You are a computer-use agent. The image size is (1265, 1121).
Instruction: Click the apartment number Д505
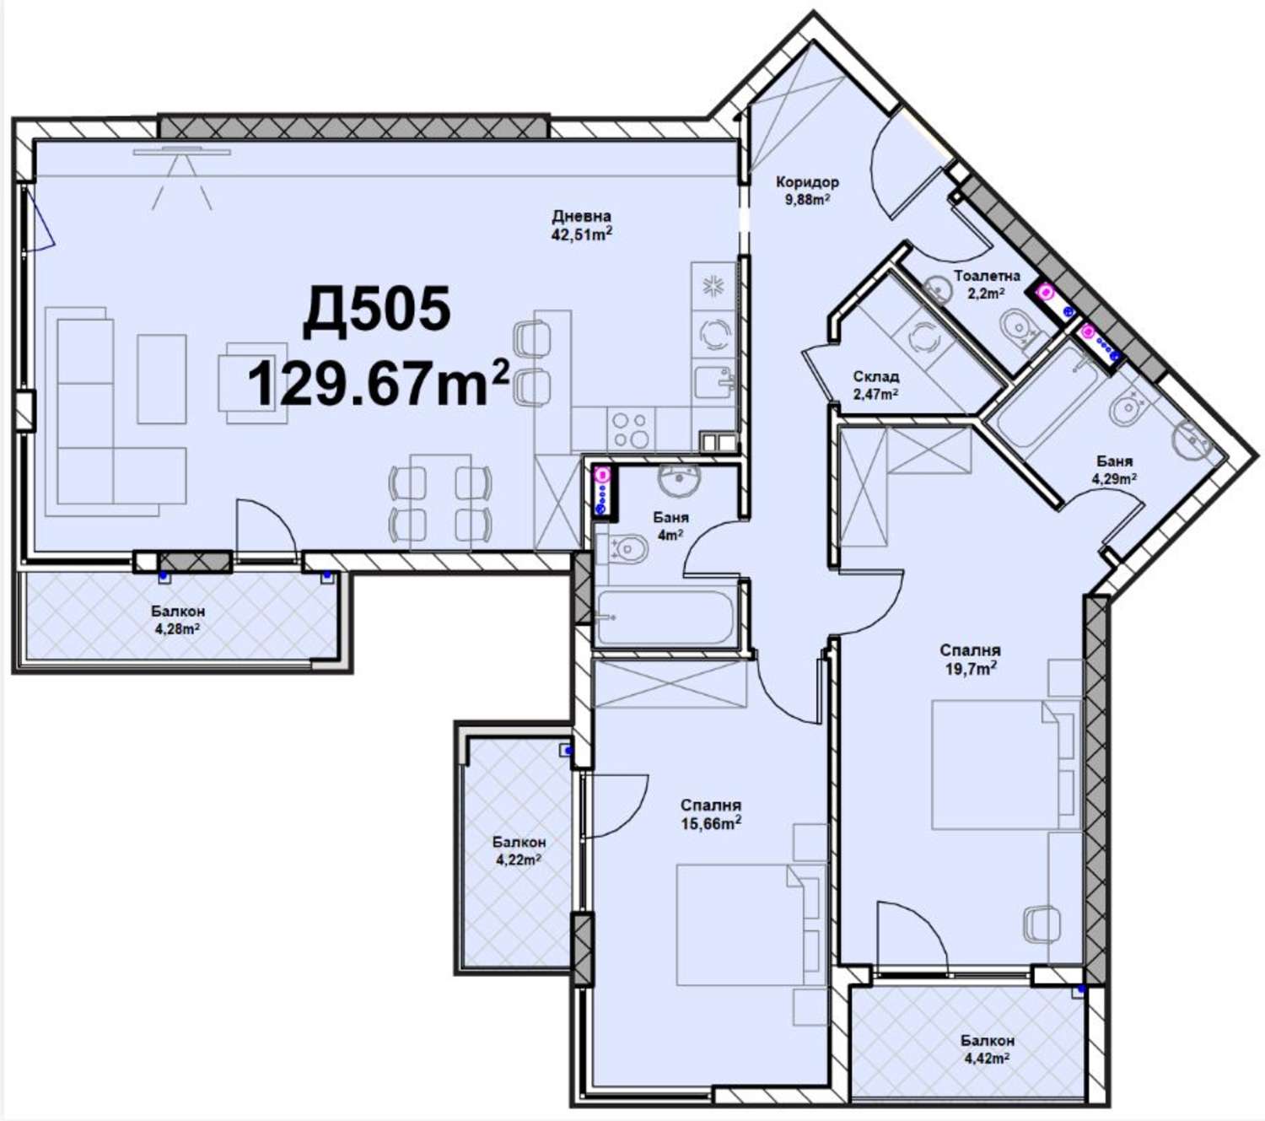(x=376, y=311)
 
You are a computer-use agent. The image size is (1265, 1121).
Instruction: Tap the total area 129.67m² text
(x=379, y=381)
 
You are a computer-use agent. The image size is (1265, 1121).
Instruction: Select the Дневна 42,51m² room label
(x=581, y=225)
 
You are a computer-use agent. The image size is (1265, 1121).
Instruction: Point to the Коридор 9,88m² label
(x=807, y=191)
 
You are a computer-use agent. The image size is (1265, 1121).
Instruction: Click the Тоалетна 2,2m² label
(x=987, y=284)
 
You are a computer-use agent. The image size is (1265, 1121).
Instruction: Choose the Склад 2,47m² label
(x=876, y=385)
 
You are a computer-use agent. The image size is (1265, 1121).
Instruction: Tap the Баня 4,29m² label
(x=1115, y=470)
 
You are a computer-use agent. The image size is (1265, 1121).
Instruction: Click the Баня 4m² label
(x=670, y=525)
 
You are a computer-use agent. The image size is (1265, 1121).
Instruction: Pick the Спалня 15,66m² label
(x=711, y=814)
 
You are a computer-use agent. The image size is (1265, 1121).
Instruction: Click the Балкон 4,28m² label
(x=177, y=619)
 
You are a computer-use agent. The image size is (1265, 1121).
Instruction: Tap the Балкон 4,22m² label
(x=519, y=850)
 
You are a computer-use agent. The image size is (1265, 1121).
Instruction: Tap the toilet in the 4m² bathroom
(x=627, y=550)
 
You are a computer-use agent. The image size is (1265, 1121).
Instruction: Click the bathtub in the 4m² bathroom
(x=665, y=617)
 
